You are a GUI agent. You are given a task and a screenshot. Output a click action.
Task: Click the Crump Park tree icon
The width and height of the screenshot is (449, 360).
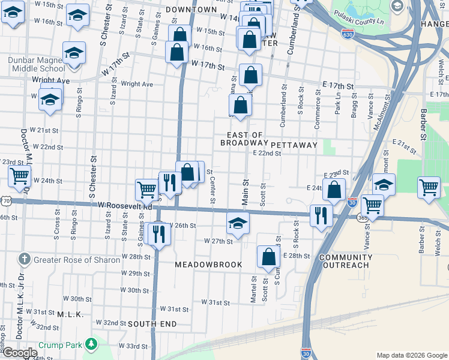91,344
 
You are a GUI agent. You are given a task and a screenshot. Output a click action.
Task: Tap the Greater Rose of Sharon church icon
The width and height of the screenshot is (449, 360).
25,259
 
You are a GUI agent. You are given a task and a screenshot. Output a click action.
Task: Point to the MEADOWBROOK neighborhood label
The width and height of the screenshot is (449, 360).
208,265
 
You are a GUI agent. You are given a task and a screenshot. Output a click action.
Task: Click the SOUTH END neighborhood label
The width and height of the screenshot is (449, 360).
152,324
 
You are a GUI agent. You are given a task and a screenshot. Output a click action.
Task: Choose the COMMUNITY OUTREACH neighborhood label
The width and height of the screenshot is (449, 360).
345,261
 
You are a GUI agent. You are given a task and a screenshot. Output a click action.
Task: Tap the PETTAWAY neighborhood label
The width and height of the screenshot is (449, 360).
294,145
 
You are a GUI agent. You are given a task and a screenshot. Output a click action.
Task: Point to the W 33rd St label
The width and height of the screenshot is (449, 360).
133,346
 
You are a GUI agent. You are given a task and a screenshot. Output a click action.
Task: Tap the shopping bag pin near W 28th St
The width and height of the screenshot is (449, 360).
268,257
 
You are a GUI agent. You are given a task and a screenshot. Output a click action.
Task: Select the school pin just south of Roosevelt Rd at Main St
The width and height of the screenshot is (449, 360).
238,223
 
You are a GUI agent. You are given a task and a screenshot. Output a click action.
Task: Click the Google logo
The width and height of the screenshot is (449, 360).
20,353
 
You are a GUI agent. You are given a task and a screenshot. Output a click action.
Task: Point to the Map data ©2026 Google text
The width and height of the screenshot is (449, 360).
411,355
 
